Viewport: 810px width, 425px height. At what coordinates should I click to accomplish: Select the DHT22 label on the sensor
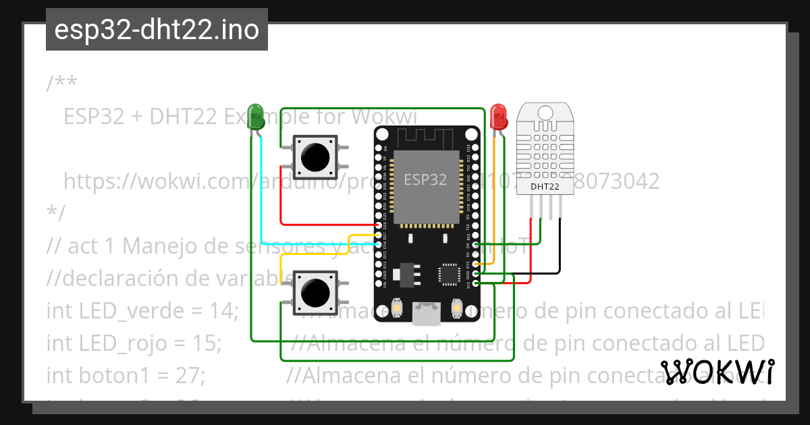pyautogui.click(x=545, y=187)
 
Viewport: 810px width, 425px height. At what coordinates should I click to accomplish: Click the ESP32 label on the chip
pyautogui.click(x=425, y=180)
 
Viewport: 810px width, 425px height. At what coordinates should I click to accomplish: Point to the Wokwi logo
pyautogui.click(x=717, y=372)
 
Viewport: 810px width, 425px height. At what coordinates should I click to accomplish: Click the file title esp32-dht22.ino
pyautogui.click(x=157, y=31)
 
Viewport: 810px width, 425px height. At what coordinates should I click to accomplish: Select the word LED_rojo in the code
pyautogui.click(x=122, y=343)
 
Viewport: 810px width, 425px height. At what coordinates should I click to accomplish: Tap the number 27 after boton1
pyautogui.click(x=193, y=374)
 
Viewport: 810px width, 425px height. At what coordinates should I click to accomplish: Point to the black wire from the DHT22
pyautogui.click(x=559, y=256)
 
